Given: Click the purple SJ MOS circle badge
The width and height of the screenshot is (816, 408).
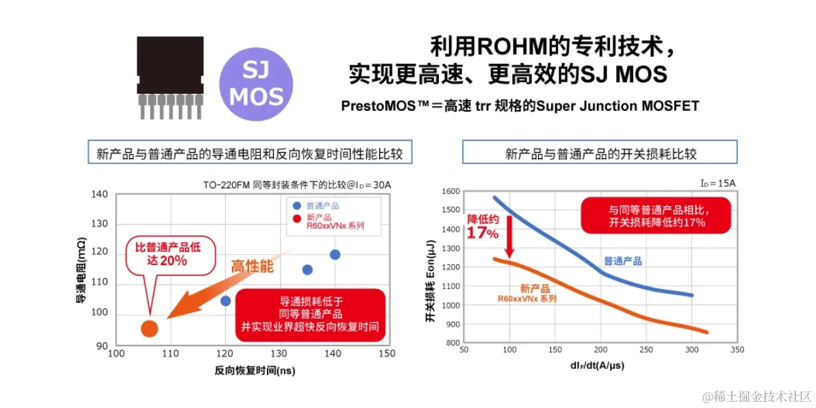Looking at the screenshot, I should click(256, 84).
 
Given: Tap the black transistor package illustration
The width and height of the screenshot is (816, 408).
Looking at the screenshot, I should click(170, 72).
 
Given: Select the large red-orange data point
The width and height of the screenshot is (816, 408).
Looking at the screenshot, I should click(149, 329).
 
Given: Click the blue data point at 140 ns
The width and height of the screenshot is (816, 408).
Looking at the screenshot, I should click(335, 255).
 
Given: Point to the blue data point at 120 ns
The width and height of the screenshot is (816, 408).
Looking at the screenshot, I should click(226, 301).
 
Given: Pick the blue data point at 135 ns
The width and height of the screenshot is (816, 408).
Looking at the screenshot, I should click(307, 270).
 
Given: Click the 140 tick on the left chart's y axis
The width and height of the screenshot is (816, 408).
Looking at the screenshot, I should click(100, 194).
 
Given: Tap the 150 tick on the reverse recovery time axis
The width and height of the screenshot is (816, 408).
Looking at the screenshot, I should click(387, 353).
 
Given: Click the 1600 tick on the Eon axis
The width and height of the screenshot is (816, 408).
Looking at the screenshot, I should click(450, 191).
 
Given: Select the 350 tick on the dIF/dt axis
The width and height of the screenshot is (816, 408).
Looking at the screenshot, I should click(737, 350).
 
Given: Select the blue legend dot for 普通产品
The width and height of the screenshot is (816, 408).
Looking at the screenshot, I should click(296, 205).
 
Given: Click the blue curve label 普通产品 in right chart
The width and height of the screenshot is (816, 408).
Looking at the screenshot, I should click(622, 262).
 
